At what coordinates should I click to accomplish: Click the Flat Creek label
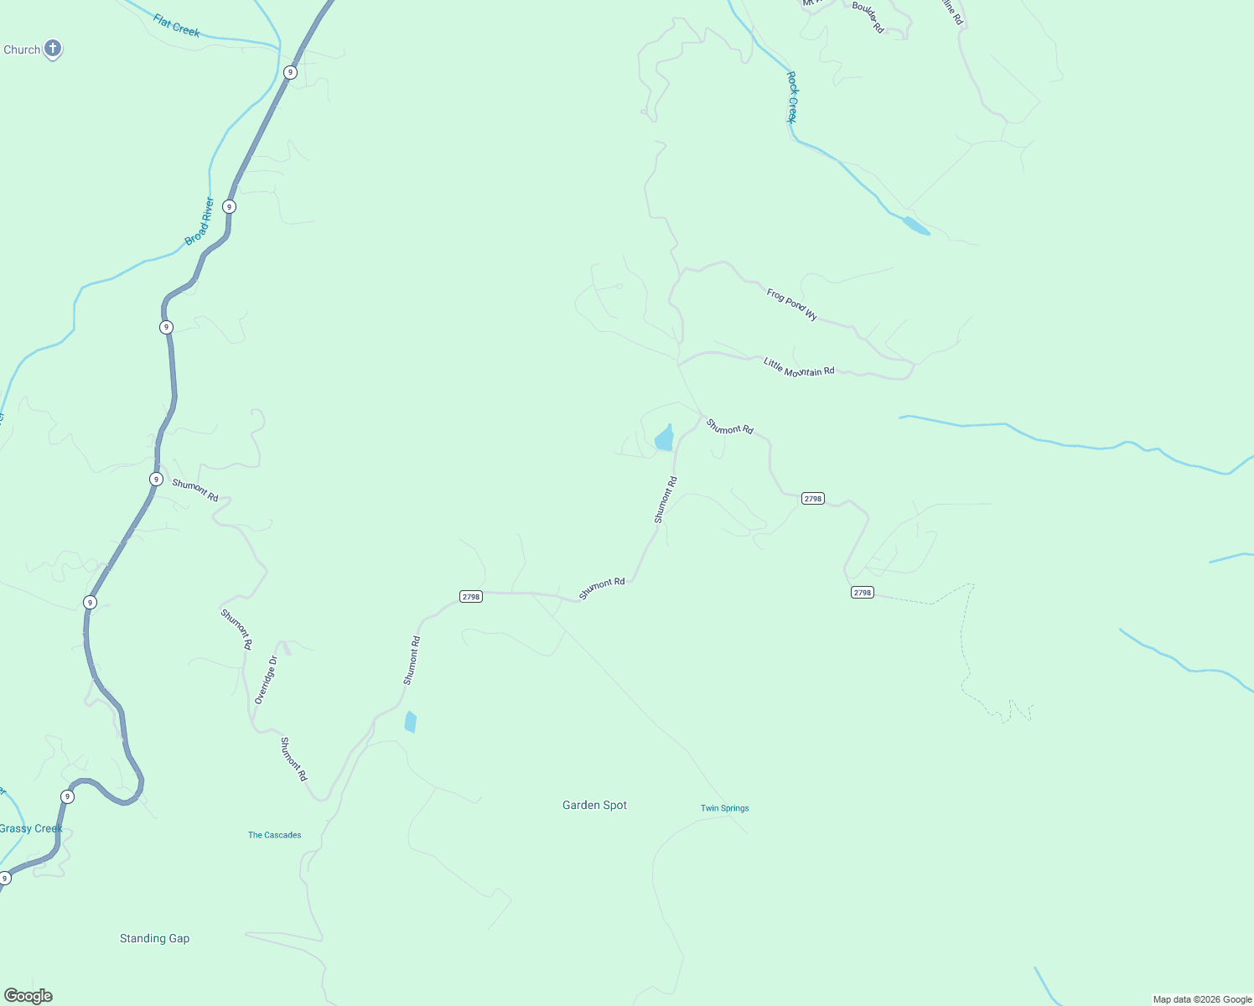(176, 25)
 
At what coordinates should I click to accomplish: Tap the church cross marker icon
(53, 49)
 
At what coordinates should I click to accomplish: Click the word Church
(22, 49)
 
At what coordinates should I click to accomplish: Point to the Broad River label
(199, 221)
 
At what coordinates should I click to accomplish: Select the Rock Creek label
(792, 97)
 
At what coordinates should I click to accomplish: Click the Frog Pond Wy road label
(791, 303)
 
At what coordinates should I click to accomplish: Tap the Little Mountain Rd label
(799, 367)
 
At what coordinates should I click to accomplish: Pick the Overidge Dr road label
(266, 680)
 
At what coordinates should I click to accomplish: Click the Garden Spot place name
(594, 805)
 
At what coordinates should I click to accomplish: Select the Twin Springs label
(724, 808)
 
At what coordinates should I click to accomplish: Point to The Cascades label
(274, 835)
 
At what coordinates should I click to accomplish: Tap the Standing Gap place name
(154, 938)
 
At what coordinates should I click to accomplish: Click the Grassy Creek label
(31, 828)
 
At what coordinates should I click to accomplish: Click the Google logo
(28, 996)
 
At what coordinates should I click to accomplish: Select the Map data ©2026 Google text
(1202, 999)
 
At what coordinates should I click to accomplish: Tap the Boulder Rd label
(868, 17)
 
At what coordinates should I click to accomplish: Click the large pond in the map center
(664, 438)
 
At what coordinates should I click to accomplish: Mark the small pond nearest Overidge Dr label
(410, 722)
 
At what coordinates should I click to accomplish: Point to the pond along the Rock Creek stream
(916, 226)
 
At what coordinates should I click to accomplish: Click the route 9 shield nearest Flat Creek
(290, 73)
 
